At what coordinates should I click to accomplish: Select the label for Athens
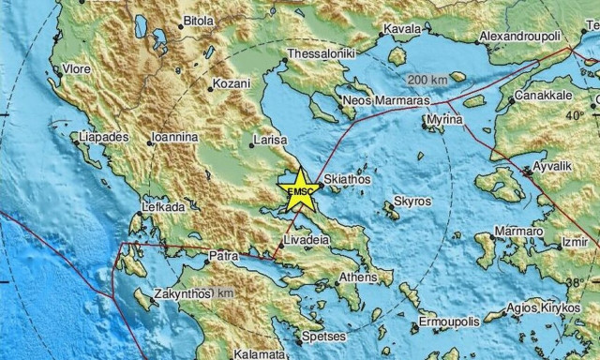click(x=357, y=277)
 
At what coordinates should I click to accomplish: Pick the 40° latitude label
click(x=574, y=114)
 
